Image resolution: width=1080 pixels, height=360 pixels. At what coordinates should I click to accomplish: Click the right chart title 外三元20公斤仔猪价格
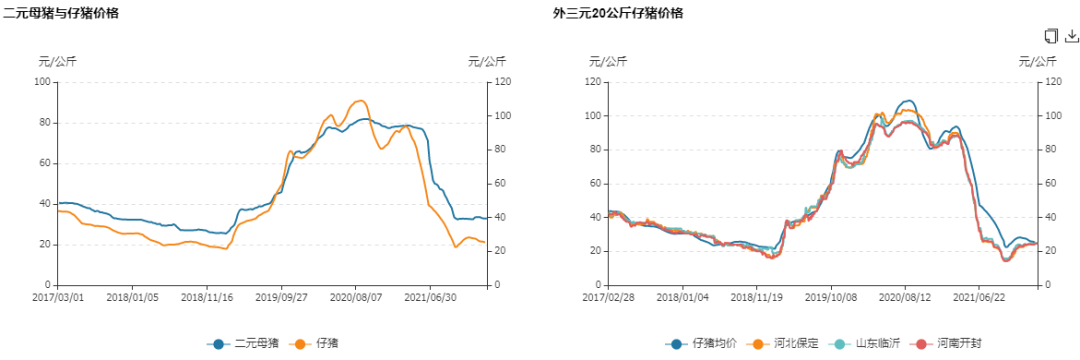click(618, 13)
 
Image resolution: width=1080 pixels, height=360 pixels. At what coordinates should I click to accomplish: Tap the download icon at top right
click(1071, 37)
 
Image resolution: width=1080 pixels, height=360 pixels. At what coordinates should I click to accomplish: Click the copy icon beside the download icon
click(1050, 37)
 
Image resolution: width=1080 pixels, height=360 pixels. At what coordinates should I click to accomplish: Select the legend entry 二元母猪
click(244, 344)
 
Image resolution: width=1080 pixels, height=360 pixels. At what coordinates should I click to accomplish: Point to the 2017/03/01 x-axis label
click(58, 297)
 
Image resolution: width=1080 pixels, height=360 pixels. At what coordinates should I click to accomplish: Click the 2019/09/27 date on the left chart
click(281, 297)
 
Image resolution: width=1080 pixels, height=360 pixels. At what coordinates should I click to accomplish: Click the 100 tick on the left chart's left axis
click(42, 81)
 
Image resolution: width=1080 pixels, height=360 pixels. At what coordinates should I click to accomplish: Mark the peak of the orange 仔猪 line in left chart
click(361, 100)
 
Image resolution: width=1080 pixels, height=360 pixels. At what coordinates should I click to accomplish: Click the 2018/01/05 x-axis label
click(133, 297)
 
